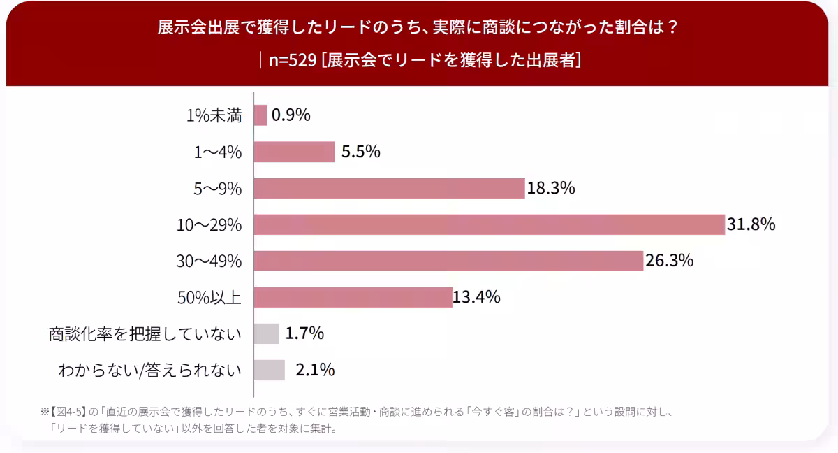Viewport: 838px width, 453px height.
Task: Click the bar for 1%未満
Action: point(260,115)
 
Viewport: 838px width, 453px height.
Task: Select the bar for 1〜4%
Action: point(295,152)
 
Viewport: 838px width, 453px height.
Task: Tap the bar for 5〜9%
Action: point(390,188)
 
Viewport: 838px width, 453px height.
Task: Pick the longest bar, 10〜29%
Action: point(490,224)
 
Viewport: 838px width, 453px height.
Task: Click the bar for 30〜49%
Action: point(448,261)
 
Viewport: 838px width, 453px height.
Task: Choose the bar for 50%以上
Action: point(353,297)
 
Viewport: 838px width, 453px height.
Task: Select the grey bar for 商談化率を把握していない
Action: point(266,333)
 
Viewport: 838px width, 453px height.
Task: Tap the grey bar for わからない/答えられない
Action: point(270,370)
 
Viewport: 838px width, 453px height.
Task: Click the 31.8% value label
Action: point(751,224)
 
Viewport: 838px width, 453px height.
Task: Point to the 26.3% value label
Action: point(670,260)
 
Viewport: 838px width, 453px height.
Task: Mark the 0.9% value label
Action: point(291,115)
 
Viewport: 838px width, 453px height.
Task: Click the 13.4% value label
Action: point(476,297)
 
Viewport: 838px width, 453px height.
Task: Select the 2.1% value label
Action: point(316,370)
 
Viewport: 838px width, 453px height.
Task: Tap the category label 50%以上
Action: point(209,298)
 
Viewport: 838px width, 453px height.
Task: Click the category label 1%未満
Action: point(214,115)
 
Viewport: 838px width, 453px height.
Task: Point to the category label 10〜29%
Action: point(209,225)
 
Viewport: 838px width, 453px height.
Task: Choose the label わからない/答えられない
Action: point(150,371)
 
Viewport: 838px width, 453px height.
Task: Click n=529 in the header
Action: point(293,60)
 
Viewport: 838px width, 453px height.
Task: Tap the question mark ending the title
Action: point(672,27)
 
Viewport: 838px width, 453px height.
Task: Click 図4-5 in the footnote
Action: point(70,412)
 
